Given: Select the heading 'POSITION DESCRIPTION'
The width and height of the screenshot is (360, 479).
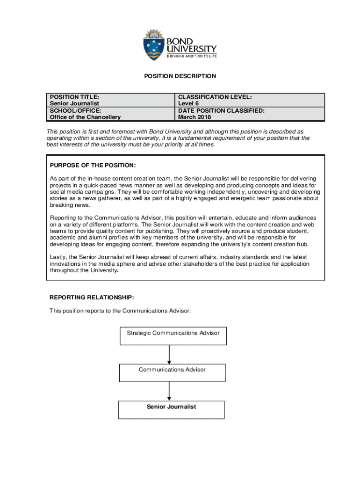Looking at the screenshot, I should coord(180,76).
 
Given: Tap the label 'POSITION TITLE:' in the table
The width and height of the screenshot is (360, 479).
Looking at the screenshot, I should coord(74,97).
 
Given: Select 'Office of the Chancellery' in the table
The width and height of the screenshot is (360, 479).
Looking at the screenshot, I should coord(85,117).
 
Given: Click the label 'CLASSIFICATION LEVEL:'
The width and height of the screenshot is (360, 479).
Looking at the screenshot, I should coord(215,97).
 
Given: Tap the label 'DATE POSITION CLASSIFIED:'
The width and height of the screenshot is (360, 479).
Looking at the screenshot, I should coord(221,110).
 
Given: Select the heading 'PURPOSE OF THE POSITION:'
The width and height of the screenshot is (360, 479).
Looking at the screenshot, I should coord(93,166).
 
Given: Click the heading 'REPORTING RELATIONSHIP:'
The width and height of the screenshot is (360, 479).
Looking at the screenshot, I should coord(92,297).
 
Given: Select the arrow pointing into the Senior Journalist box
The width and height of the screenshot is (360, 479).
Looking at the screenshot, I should coord(169,391).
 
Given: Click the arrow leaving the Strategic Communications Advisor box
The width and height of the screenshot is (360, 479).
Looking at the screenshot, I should coord(169,355).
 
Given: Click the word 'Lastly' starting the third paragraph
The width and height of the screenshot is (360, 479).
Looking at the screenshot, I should coord(59,257).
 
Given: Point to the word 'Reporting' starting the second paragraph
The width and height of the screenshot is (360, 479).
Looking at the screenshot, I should coord(64,218).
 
